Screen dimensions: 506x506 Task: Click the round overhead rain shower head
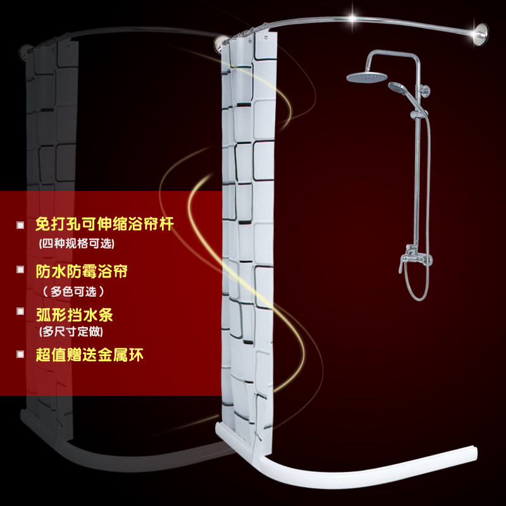367,77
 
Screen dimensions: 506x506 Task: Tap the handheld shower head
397,87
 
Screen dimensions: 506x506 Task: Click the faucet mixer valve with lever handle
414,257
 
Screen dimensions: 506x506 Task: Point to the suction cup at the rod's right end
479,34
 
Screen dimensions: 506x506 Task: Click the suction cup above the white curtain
221,44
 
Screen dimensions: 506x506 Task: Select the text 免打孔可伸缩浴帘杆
104,224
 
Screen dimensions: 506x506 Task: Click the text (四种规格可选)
77,244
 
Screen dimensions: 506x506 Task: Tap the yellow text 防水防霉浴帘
82,271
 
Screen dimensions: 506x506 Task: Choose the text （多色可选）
73,292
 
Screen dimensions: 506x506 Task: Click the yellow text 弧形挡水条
74,314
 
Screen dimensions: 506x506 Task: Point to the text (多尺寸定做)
71,331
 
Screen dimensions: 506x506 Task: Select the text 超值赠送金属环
89,355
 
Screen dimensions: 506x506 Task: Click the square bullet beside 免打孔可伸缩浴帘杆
20,225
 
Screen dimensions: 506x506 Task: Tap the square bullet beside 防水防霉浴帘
20,269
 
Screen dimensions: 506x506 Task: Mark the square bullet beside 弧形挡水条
20,311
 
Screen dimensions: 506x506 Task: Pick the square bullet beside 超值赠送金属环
20,354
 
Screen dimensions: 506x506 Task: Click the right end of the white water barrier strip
475,454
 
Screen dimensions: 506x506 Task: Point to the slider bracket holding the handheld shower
419,114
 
